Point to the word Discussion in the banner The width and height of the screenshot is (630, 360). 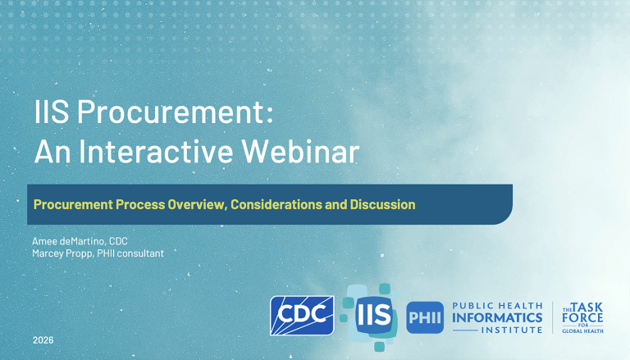tap(381, 203)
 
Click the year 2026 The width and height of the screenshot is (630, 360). tap(44, 339)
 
